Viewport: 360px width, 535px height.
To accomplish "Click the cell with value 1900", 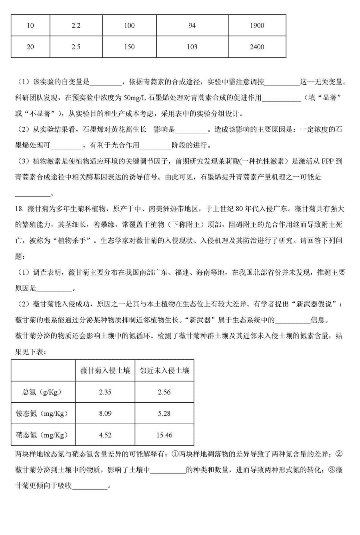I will tap(257, 26).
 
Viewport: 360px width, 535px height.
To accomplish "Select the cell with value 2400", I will tap(257, 47).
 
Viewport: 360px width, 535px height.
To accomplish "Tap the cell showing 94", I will tap(192, 26).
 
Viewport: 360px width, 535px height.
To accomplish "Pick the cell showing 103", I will tap(192, 47).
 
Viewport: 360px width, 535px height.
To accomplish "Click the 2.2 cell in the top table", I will tap(76, 26).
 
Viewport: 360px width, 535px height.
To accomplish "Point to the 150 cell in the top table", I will tap(129, 47).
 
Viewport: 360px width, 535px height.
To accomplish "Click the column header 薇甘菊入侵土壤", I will tap(105, 371).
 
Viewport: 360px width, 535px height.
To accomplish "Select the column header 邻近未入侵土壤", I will tap(164, 371).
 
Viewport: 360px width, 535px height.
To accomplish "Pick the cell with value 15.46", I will tap(164, 435).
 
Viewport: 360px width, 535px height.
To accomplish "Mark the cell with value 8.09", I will tap(105, 413).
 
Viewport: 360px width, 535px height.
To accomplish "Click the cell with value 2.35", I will tap(105, 392).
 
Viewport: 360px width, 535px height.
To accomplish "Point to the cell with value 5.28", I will tap(164, 413).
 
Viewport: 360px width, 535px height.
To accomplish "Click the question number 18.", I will tap(19, 209).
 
